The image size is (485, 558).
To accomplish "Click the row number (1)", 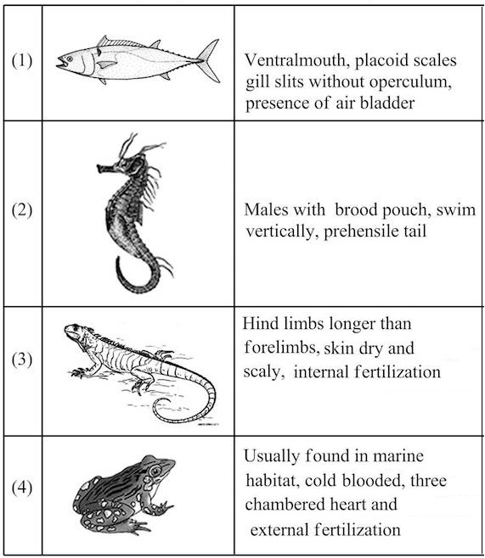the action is pos(22,61).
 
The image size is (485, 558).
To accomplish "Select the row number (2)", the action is pos(22,210).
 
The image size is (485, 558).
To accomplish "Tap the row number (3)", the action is pos(22,360).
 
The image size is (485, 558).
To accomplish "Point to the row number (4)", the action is pos(22,488).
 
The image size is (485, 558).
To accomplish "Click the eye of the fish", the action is pos(70,59).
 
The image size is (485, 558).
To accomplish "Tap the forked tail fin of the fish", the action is pos(208,60).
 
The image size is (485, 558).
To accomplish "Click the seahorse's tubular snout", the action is pos(104,168).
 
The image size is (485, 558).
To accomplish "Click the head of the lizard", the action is pos(74,331).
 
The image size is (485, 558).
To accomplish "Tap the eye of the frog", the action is pos(155,472).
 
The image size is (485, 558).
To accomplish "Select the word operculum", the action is pos(410,83).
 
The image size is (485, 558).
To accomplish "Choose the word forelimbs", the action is pos(281,348).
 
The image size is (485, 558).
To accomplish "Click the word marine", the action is pos(398,456).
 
